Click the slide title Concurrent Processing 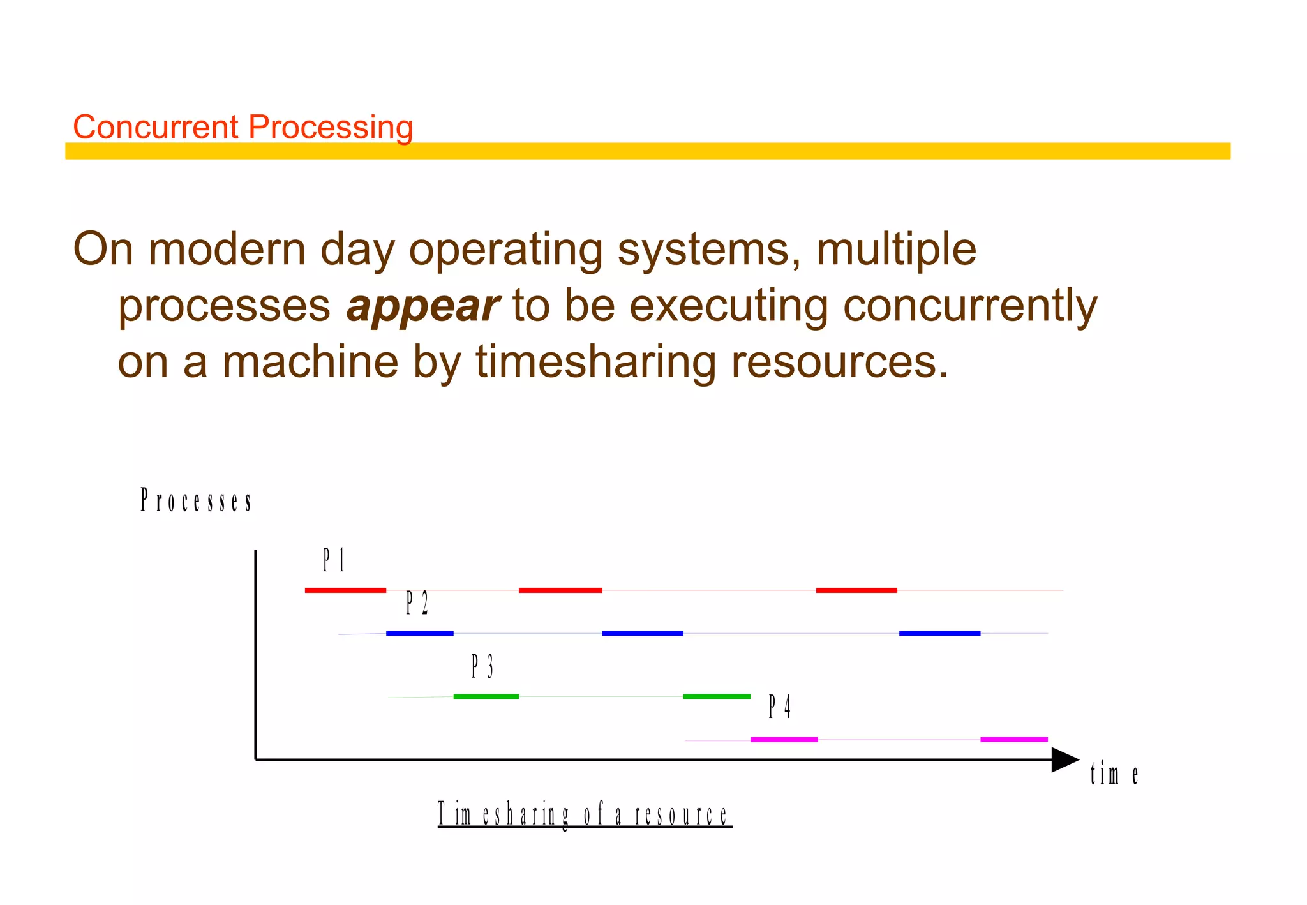(x=243, y=126)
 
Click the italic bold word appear (x=422, y=306)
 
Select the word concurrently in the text (x=970, y=306)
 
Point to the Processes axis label (x=196, y=500)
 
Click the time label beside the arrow (x=1114, y=774)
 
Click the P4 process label (x=779, y=707)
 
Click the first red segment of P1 (x=345, y=590)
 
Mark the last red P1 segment (x=856, y=590)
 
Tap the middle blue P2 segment (x=643, y=633)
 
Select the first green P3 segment (x=486, y=696)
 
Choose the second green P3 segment (x=717, y=696)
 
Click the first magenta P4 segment (x=784, y=739)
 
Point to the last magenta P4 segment (x=1013, y=739)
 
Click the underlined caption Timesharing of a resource (x=584, y=815)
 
